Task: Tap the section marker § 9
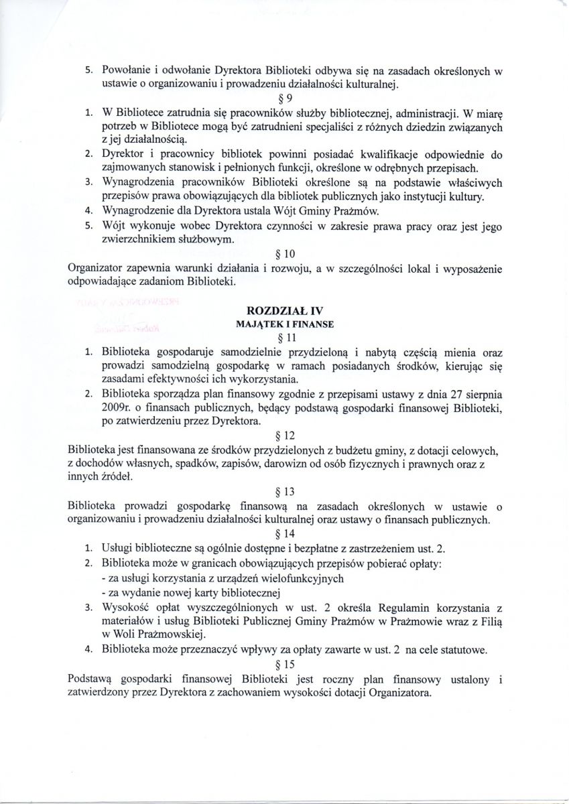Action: click(x=285, y=98)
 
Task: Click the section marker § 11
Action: click(x=286, y=337)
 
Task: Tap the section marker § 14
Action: click(x=286, y=534)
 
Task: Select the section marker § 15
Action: click(x=286, y=665)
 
